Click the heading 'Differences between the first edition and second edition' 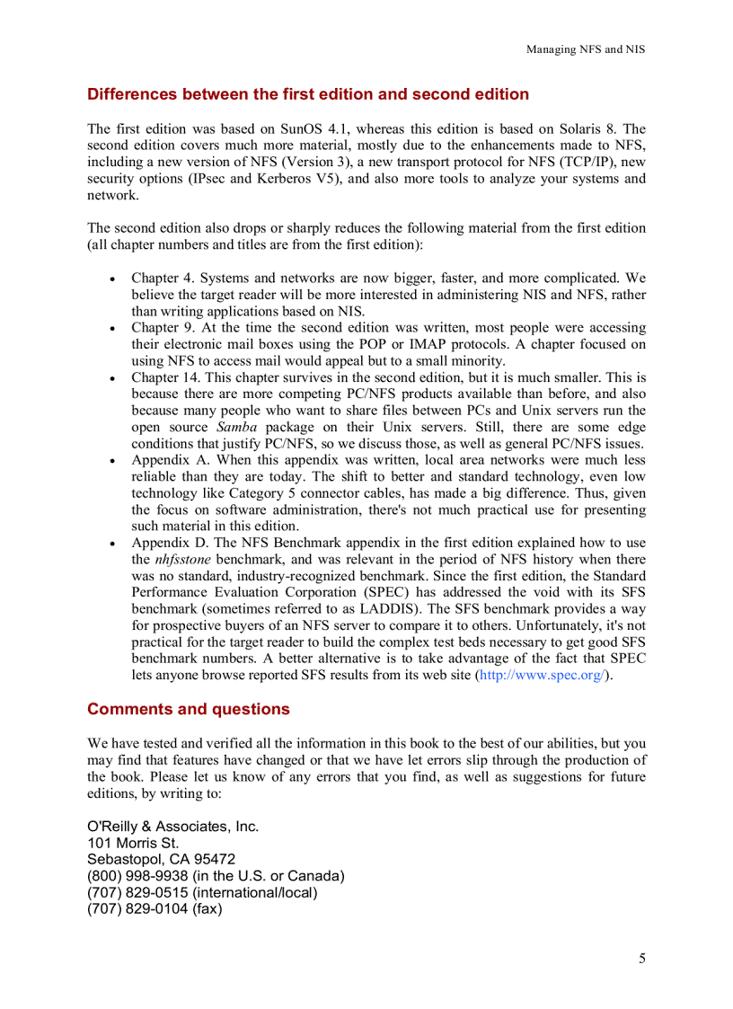(307, 94)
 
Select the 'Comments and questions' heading (188, 710)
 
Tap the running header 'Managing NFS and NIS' (585, 49)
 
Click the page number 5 (641, 959)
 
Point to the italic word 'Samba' (237, 428)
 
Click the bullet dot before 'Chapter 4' (111, 279)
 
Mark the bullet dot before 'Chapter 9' (111, 329)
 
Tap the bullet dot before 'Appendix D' (111, 544)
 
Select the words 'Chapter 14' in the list (165, 378)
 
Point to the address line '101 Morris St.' (133, 844)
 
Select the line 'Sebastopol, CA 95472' (161, 860)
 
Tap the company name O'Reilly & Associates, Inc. (172, 827)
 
